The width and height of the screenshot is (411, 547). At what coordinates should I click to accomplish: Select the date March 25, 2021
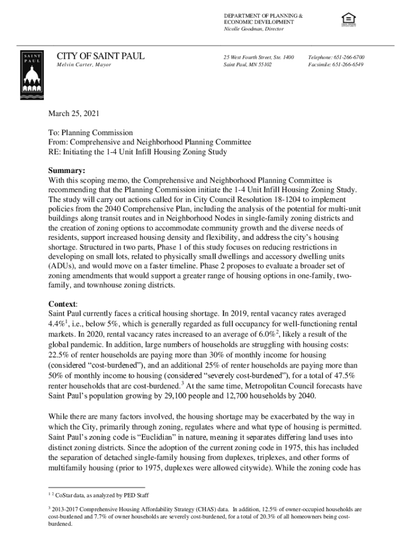(74, 114)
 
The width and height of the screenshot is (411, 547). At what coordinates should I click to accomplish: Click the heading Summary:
(67, 171)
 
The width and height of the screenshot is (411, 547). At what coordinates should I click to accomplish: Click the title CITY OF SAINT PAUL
(100, 56)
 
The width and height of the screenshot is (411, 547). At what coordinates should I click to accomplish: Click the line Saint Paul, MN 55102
(248, 65)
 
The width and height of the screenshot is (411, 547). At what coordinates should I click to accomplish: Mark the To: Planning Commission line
(90, 132)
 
